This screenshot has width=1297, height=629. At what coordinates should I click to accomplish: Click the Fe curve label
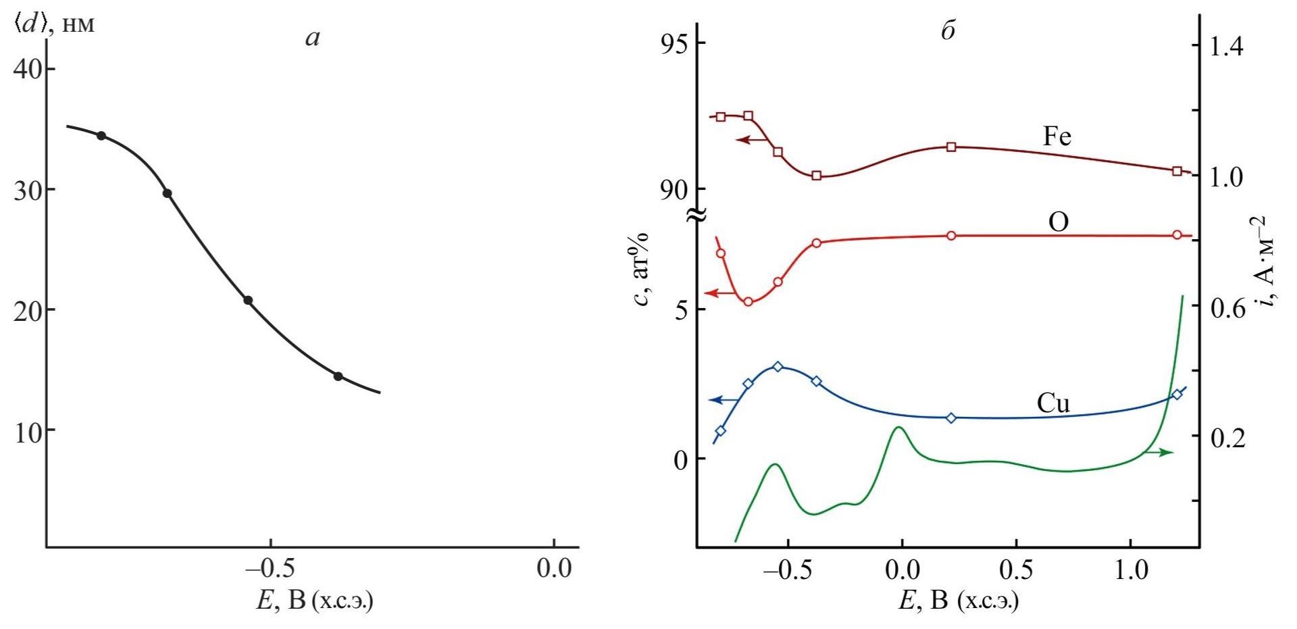click(1057, 136)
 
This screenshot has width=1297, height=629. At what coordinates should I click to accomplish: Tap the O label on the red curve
click(1059, 222)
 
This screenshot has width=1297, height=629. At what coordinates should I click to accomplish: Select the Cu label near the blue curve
click(1053, 403)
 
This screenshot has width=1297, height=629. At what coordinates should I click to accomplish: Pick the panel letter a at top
click(313, 38)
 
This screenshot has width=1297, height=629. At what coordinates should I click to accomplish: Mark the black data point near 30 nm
click(168, 194)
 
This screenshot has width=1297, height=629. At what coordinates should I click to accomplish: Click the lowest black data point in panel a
click(338, 376)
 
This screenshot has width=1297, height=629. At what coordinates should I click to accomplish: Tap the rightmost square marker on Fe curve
click(1177, 172)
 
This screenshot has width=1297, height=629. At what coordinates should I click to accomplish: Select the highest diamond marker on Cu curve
click(778, 367)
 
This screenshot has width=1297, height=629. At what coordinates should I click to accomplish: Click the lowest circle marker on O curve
click(748, 302)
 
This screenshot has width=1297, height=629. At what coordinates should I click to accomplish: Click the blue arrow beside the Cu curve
click(723, 401)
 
